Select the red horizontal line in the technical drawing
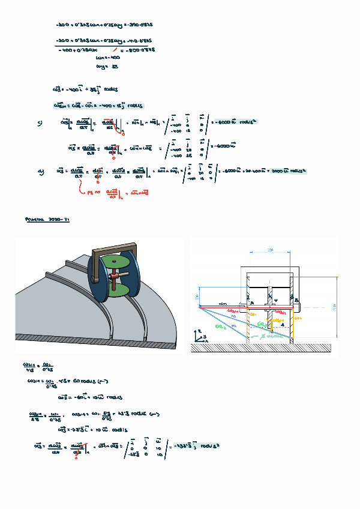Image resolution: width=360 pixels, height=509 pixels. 246,308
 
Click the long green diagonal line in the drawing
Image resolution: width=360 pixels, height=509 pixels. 234,319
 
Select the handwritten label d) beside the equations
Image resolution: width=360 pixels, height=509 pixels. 41,172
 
